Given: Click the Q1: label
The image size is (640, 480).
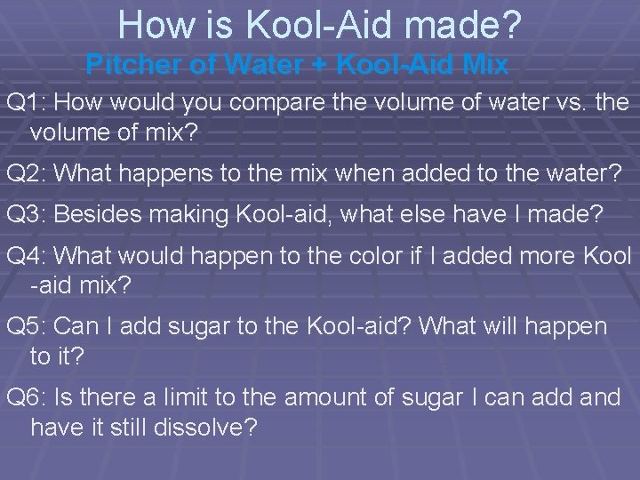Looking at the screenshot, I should tap(28, 103).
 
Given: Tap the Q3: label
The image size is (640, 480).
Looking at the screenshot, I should tap(28, 213).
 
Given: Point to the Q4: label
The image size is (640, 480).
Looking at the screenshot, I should tap(28, 257).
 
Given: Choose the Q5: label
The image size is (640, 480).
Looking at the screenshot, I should tap(28, 326).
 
